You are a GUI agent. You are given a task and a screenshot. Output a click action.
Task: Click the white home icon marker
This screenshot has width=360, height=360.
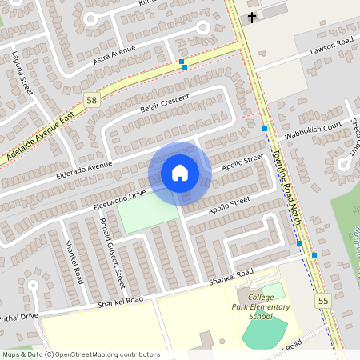(180, 173)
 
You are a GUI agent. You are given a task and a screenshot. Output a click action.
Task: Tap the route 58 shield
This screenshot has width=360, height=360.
(92, 99)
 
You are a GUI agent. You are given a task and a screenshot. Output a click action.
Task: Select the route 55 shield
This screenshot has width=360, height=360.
(323, 300)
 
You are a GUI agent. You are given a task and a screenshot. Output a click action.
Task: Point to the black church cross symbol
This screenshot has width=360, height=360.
(252, 17)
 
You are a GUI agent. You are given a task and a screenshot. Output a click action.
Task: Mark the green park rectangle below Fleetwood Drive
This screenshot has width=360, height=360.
(148, 212)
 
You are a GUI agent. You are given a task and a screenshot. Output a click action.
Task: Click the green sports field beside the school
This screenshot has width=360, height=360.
(266, 330)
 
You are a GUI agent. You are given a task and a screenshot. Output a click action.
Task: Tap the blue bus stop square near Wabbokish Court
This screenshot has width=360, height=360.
(264, 128)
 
